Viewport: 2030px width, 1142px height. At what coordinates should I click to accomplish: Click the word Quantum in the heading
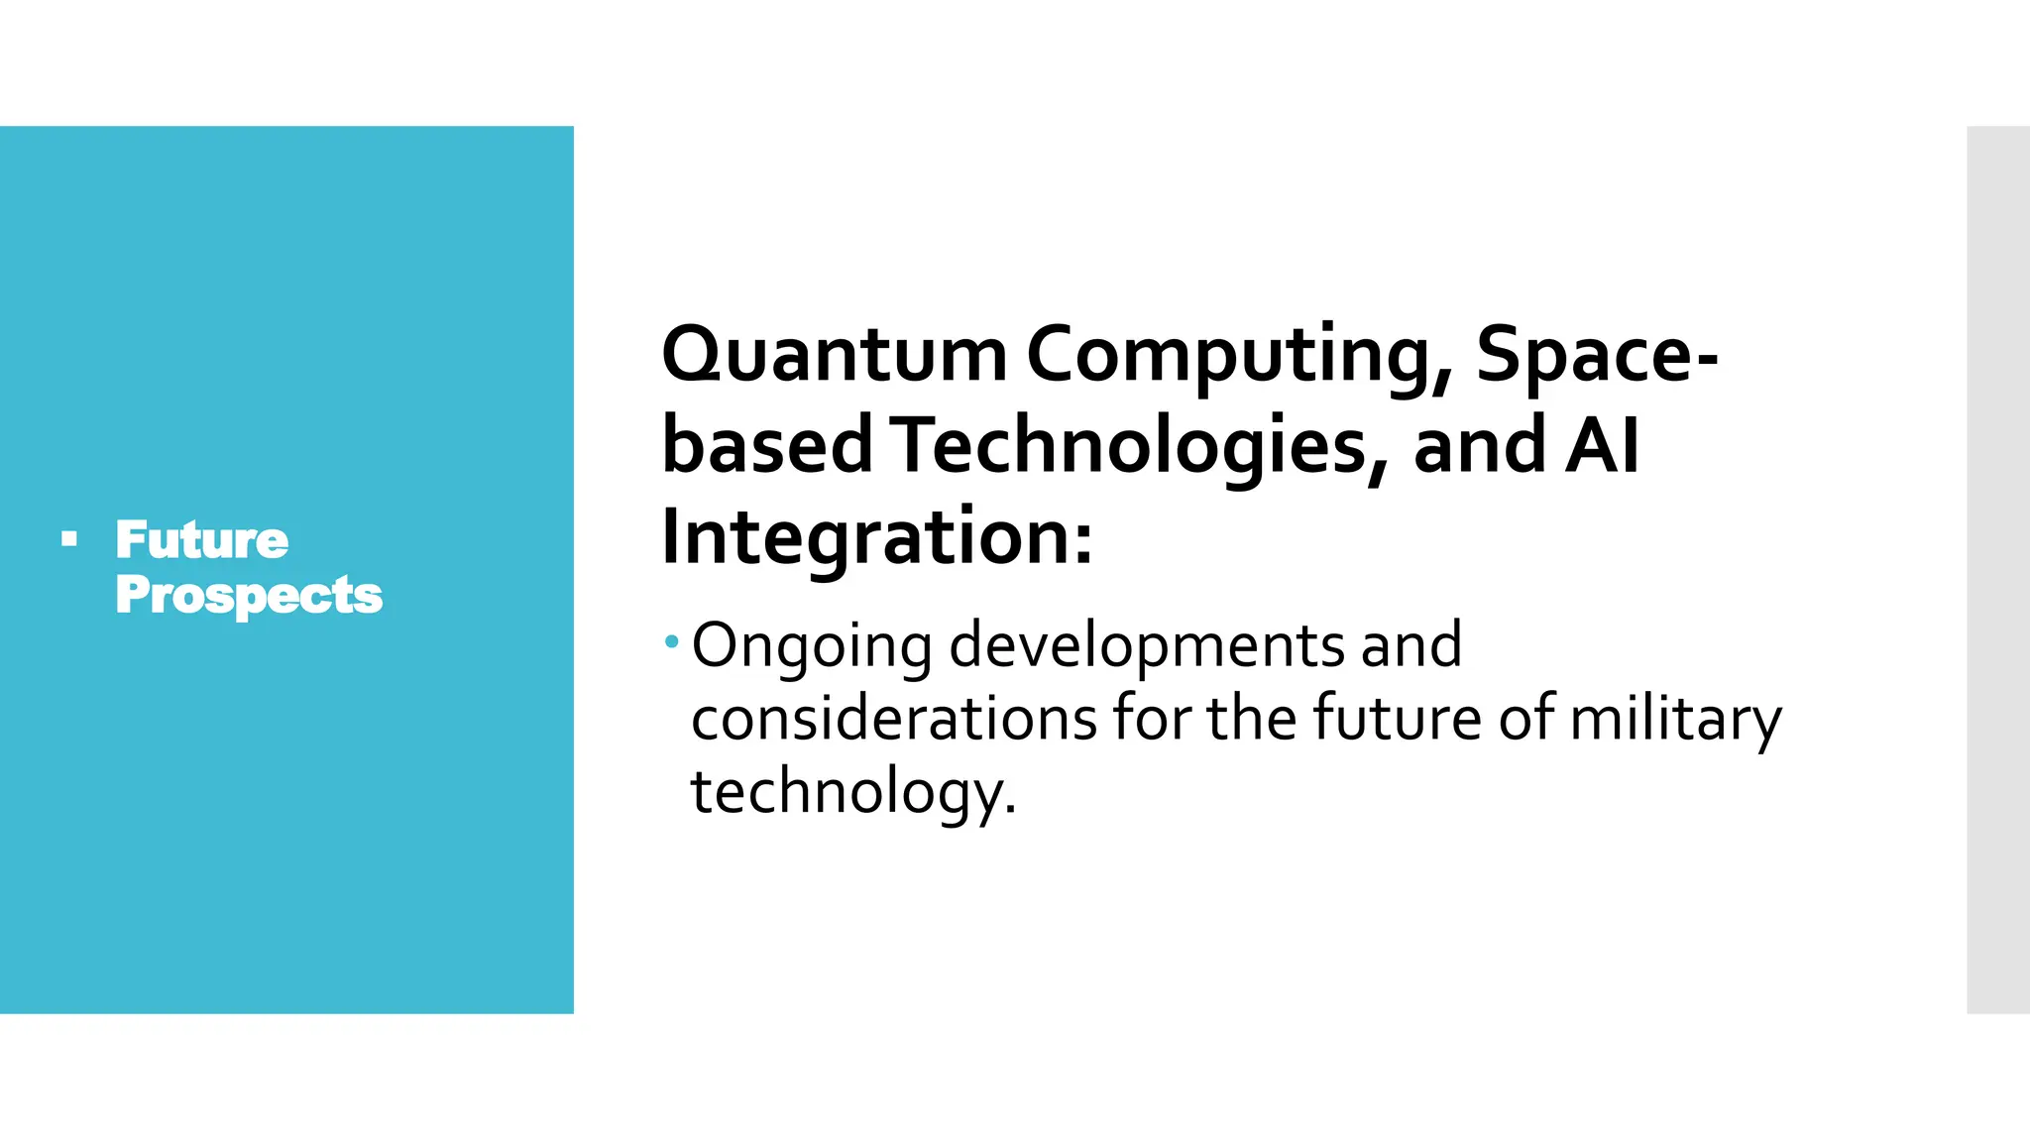[835, 355]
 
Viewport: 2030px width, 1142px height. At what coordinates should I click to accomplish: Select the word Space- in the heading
[1597, 355]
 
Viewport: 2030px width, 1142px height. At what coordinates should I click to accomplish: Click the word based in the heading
[766, 446]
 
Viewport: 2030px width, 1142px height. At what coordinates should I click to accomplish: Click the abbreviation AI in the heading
[1602, 446]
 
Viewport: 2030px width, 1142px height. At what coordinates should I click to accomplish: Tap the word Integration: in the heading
[876, 536]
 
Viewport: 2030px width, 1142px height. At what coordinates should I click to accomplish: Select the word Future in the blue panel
[202, 540]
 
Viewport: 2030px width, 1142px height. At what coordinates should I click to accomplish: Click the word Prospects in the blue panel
[248, 595]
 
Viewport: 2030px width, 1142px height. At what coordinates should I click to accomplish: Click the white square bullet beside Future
[68, 539]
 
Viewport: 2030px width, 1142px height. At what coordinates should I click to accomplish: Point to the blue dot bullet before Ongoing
[672, 642]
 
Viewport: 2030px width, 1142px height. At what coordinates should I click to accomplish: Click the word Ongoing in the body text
[812, 646]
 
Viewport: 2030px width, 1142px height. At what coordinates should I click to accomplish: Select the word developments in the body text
[1146, 646]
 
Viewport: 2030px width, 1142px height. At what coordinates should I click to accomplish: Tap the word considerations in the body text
[893, 719]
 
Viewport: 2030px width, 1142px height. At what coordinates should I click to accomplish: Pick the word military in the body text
[1675, 719]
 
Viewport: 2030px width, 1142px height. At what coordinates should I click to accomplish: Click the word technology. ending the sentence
[853, 792]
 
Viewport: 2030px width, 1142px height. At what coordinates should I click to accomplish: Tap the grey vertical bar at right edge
[1997, 570]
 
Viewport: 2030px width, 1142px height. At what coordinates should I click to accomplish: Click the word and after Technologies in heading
[1478, 446]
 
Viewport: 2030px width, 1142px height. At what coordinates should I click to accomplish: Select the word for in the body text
[1151, 719]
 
